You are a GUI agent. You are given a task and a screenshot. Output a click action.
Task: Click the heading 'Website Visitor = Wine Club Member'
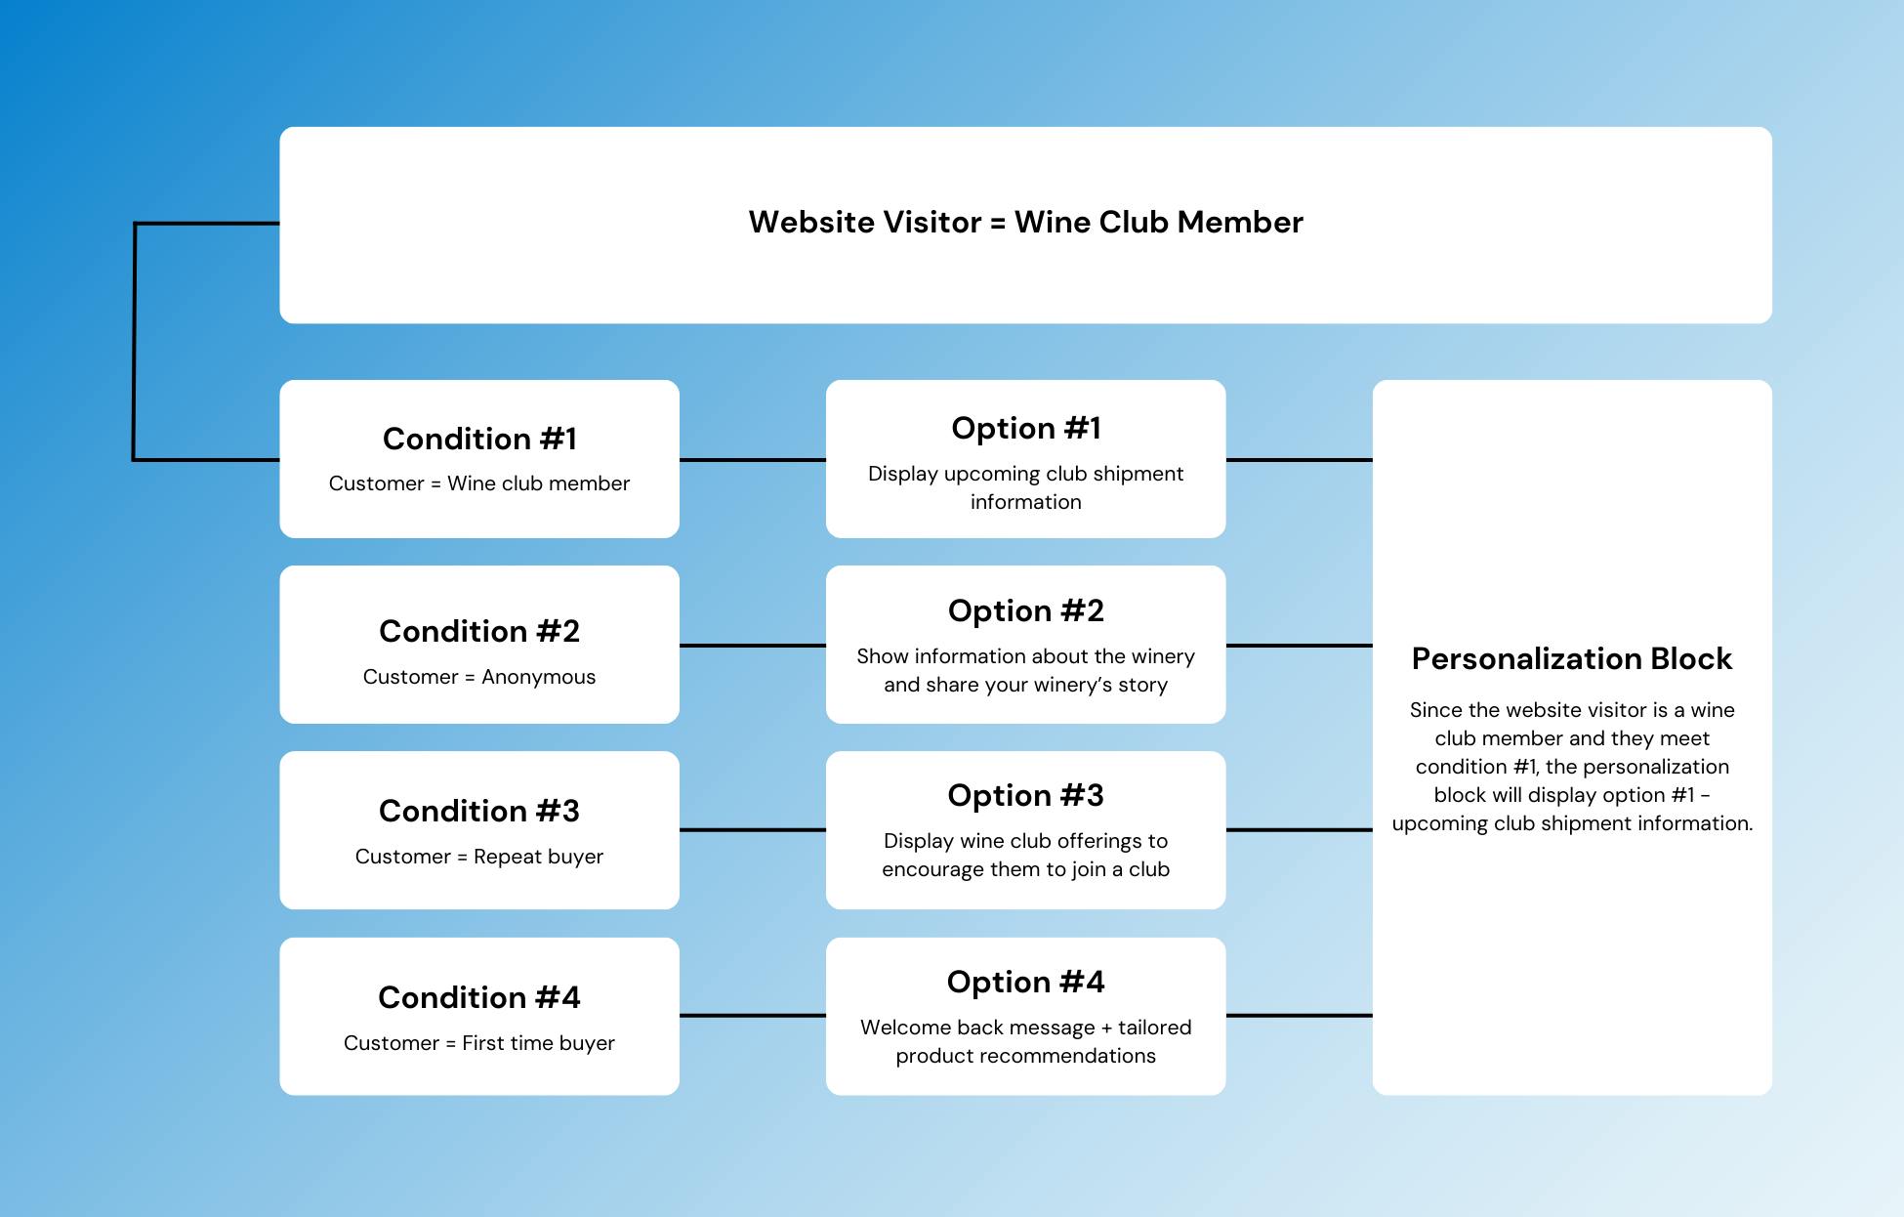click(x=1025, y=222)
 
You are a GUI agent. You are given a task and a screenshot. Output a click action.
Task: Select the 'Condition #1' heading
click(x=479, y=439)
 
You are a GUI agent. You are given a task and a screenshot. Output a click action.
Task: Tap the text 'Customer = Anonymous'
click(x=479, y=677)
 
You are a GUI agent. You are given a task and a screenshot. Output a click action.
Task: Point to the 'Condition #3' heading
click(x=479, y=811)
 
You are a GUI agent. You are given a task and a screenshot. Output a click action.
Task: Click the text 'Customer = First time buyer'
click(x=479, y=1043)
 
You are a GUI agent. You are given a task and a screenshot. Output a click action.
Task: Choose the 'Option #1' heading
click(x=1026, y=428)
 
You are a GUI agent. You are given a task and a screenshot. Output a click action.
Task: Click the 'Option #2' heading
click(x=1026, y=610)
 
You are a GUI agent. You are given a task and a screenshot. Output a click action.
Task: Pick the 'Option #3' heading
click(x=1026, y=795)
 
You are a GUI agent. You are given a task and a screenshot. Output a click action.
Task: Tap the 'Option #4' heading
click(x=1026, y=982)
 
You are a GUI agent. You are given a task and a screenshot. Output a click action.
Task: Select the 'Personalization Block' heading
click(x=1572, y=658)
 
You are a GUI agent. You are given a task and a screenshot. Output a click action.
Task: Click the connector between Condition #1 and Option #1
click(x=753, y=460)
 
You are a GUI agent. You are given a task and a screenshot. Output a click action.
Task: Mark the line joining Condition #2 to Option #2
click(x=753, y=646)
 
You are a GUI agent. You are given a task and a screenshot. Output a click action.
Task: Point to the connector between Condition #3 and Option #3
click(x=753, y=830)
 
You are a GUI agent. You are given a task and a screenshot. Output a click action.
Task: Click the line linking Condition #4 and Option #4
click(x=753, y=1016)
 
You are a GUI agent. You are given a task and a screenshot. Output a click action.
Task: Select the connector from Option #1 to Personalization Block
click(x=1300, y=460)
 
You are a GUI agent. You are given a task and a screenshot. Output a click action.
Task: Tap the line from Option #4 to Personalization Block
click(x=1300, y=1016)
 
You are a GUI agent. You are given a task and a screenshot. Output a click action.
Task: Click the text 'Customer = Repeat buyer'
click(x=479, y=857)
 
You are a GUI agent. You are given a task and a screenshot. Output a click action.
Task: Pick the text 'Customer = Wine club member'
click(x=479, y=483)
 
